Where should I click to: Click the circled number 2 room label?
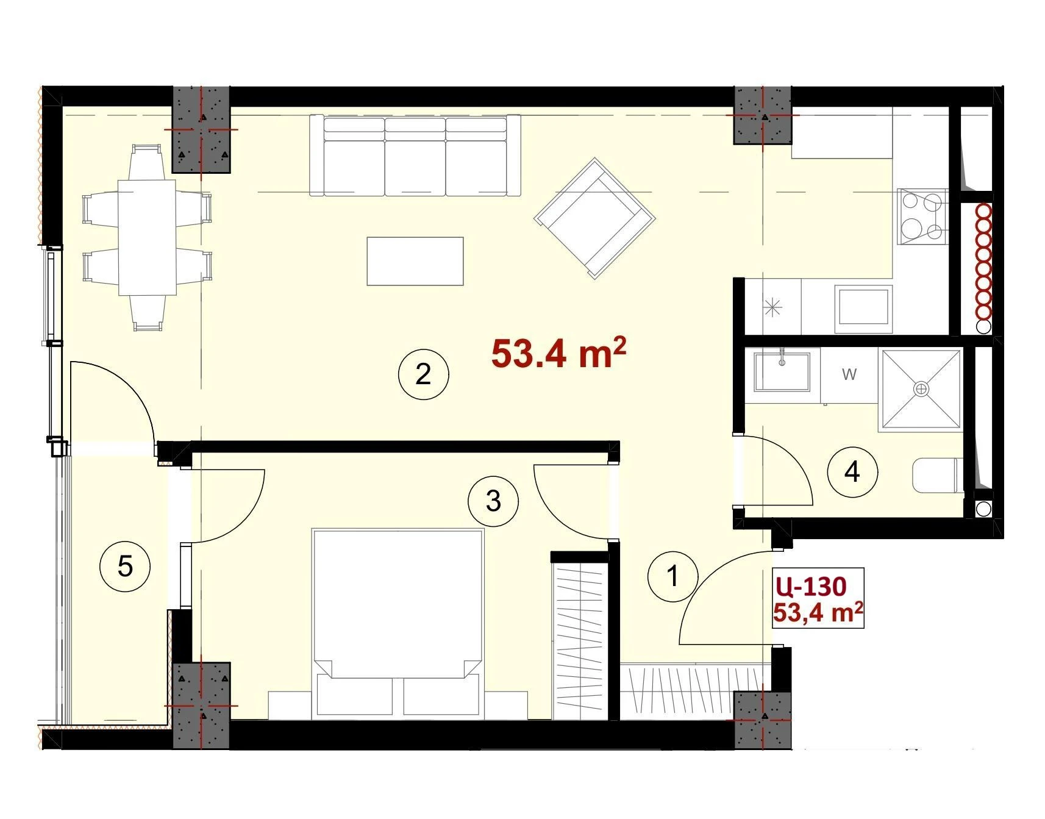coord(423,373)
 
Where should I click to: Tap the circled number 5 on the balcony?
coord(125,567)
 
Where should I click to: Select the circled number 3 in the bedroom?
coord(493,501)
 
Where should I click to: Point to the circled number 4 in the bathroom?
coord(852,471)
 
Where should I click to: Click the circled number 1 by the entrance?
coord(673,576)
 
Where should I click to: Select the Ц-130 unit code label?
coord(811,587)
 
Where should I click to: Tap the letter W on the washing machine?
coord(849,374)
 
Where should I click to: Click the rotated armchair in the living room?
coord(594,218)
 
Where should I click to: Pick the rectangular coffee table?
coord(415,261)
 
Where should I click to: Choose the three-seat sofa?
coord(415,156)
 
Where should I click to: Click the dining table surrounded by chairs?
coord(147,237)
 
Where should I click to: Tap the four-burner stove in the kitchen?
coord(922,216)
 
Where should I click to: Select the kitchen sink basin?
coord(863,307)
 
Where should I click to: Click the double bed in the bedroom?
coord(398,622)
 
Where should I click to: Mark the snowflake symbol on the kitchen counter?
coord(772,307)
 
